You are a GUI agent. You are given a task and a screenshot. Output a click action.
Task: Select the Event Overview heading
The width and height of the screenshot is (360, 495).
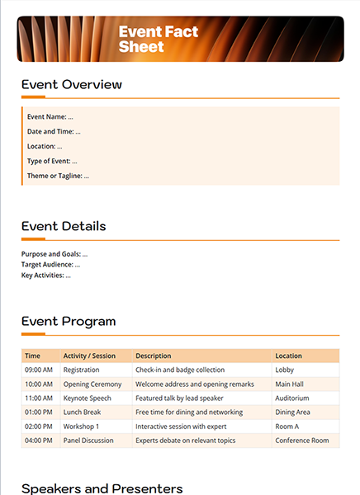72,85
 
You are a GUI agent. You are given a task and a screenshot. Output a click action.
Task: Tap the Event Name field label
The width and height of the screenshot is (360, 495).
50,117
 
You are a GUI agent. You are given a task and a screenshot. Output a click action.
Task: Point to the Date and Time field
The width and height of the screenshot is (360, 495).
54,132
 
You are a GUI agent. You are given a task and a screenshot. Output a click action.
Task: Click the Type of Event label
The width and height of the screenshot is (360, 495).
52,161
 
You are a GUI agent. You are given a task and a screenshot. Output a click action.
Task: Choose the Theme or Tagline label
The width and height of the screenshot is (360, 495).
58,176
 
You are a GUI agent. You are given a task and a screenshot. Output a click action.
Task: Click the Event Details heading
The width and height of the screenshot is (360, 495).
64,227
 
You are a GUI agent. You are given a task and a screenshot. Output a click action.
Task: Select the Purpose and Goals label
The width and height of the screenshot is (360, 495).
54,254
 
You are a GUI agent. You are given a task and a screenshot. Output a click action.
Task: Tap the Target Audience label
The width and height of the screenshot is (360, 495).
50,265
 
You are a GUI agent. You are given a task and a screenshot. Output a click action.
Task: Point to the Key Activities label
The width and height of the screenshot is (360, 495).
46,276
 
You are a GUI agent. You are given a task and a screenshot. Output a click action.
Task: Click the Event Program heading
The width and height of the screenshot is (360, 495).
69,322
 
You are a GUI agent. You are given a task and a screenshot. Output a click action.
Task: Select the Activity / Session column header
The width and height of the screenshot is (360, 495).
89,356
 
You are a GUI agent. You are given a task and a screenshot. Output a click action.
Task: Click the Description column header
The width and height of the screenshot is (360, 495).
153,356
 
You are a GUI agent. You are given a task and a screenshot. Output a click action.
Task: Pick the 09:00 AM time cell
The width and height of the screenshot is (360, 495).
39,370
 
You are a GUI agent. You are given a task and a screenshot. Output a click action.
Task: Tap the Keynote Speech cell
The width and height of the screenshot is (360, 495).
88,398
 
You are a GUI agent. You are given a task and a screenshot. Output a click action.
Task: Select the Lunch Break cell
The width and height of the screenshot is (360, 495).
82,412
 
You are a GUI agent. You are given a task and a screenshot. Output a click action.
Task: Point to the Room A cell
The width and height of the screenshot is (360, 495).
287,427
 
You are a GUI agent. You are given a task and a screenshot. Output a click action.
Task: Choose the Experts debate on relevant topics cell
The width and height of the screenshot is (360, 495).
186,441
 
